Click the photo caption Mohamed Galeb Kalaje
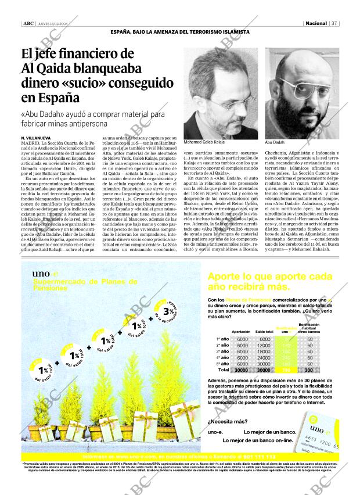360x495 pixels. pos(204,142)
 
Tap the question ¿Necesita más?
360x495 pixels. pos(224,421)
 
